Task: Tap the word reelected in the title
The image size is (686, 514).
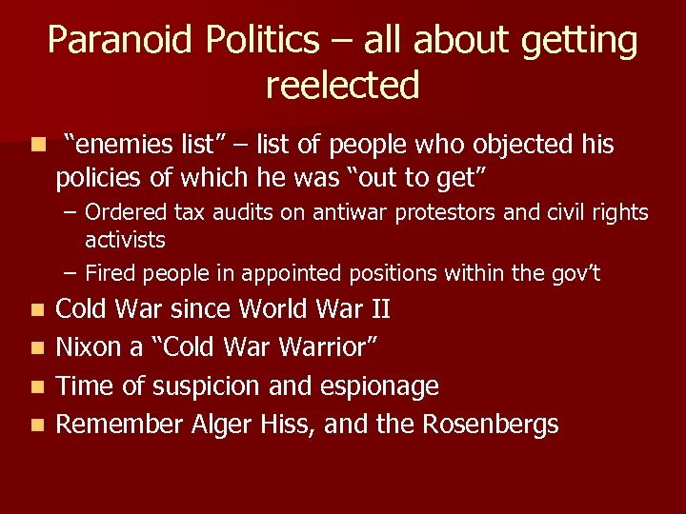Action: click(343, 86)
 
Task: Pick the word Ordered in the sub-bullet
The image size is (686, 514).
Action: click(124, 212)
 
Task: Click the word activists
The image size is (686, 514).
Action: click(125, 239)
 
